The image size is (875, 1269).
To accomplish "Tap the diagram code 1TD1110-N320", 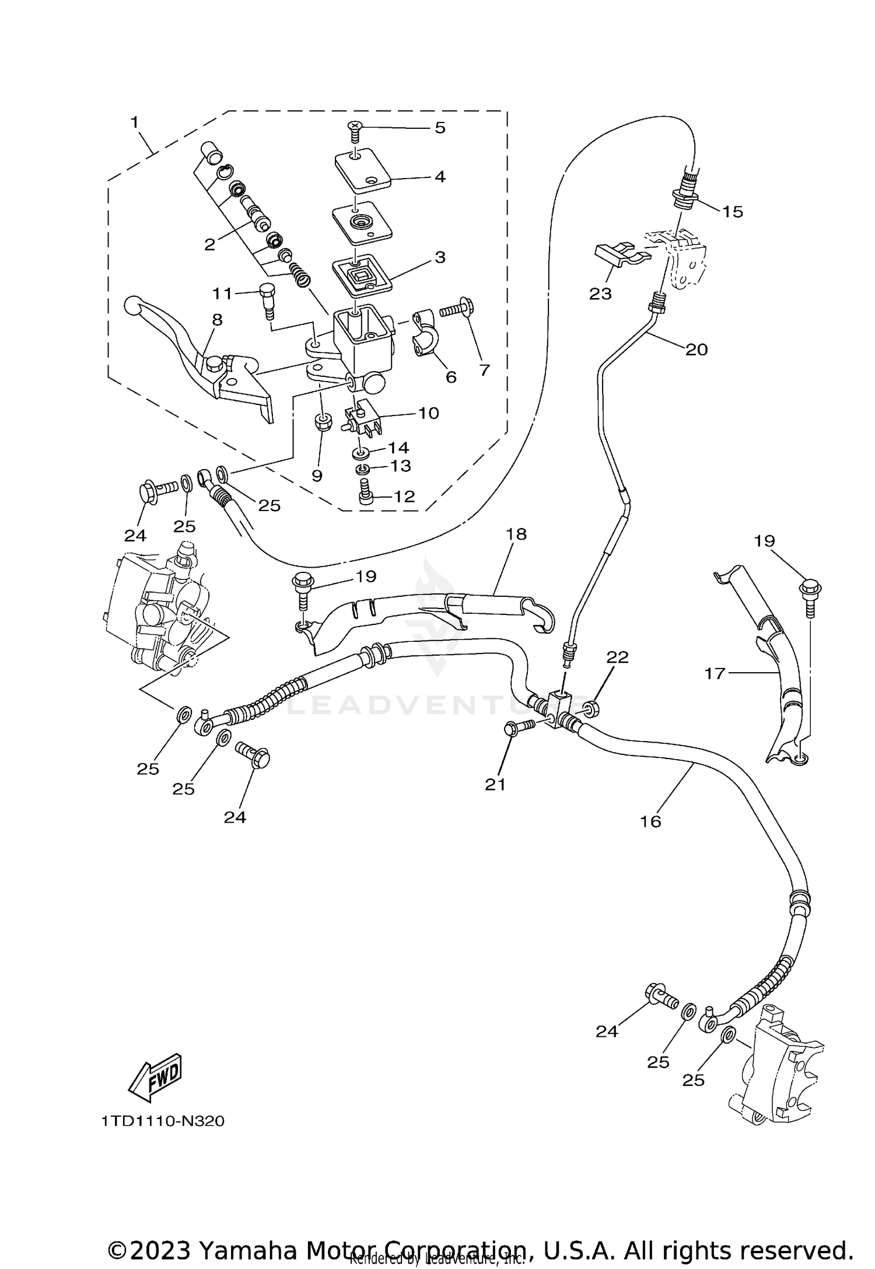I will coord(162,1121).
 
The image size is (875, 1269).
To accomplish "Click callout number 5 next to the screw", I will coord(440,128).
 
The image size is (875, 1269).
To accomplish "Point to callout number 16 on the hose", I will coord(650,821).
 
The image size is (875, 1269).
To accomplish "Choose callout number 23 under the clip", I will coord(600,293).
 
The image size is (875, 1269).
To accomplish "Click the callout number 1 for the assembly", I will coord(135,122).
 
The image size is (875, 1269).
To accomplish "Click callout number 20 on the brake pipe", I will coord(696,349).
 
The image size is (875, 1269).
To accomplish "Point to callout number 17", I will coord(714,673).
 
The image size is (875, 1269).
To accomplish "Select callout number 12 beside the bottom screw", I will coord(404,497).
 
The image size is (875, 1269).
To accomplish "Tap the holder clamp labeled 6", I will coord(425,337).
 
